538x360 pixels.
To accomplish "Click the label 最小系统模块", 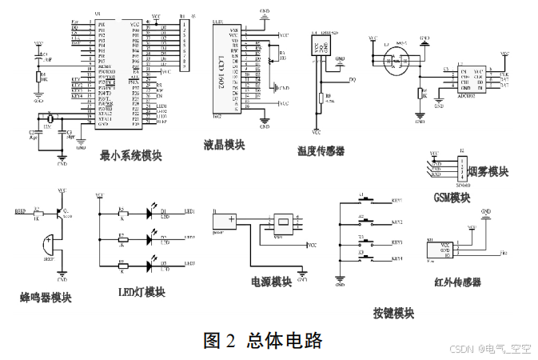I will point(130,155).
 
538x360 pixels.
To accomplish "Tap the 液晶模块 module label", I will point(224,145).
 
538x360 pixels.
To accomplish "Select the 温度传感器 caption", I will point(320,150).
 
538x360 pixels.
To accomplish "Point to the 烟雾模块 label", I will point(487,171).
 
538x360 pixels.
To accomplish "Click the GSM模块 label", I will point(452,198).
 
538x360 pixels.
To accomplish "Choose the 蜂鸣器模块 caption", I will point(46,298).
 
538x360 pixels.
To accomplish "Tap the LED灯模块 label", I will point(141,292).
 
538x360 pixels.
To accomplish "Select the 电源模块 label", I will point(271,282).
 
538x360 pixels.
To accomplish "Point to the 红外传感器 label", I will point(457,282).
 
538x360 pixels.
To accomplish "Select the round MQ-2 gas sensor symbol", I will point(393,61).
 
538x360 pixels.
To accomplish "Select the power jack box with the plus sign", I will point(225,220).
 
